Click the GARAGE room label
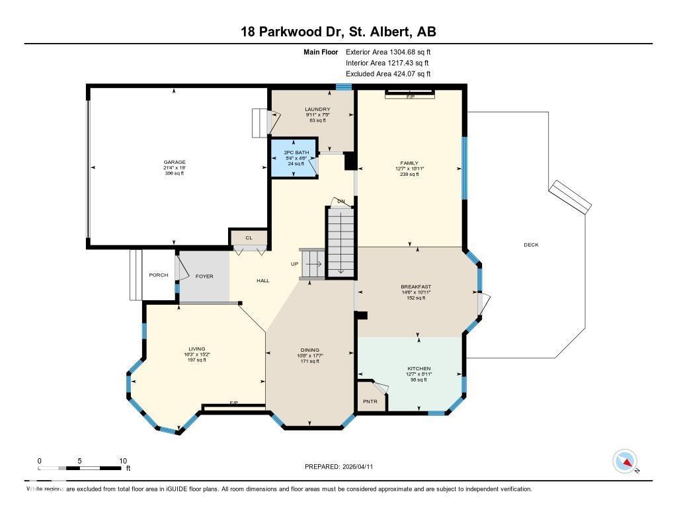coord(175,162)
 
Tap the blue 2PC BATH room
coord(292,158)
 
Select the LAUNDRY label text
coord(317,109)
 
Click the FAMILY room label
coord(409,163)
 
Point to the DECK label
coord(531,245)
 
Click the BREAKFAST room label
coord(416,287)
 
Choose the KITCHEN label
coord(419,368)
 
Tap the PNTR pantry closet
coord(370,401)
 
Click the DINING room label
coord(310,350)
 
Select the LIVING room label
coord(197,348)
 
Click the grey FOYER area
coord(204,276)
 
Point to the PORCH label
coord(158,275)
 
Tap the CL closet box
coord(249,238)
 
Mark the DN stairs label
coord(340,201)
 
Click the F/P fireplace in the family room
coord(410,96)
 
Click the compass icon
coord(625,462)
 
